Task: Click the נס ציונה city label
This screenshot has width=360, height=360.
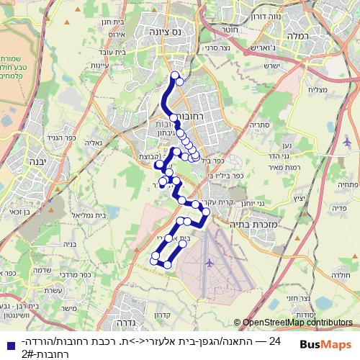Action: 162,32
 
